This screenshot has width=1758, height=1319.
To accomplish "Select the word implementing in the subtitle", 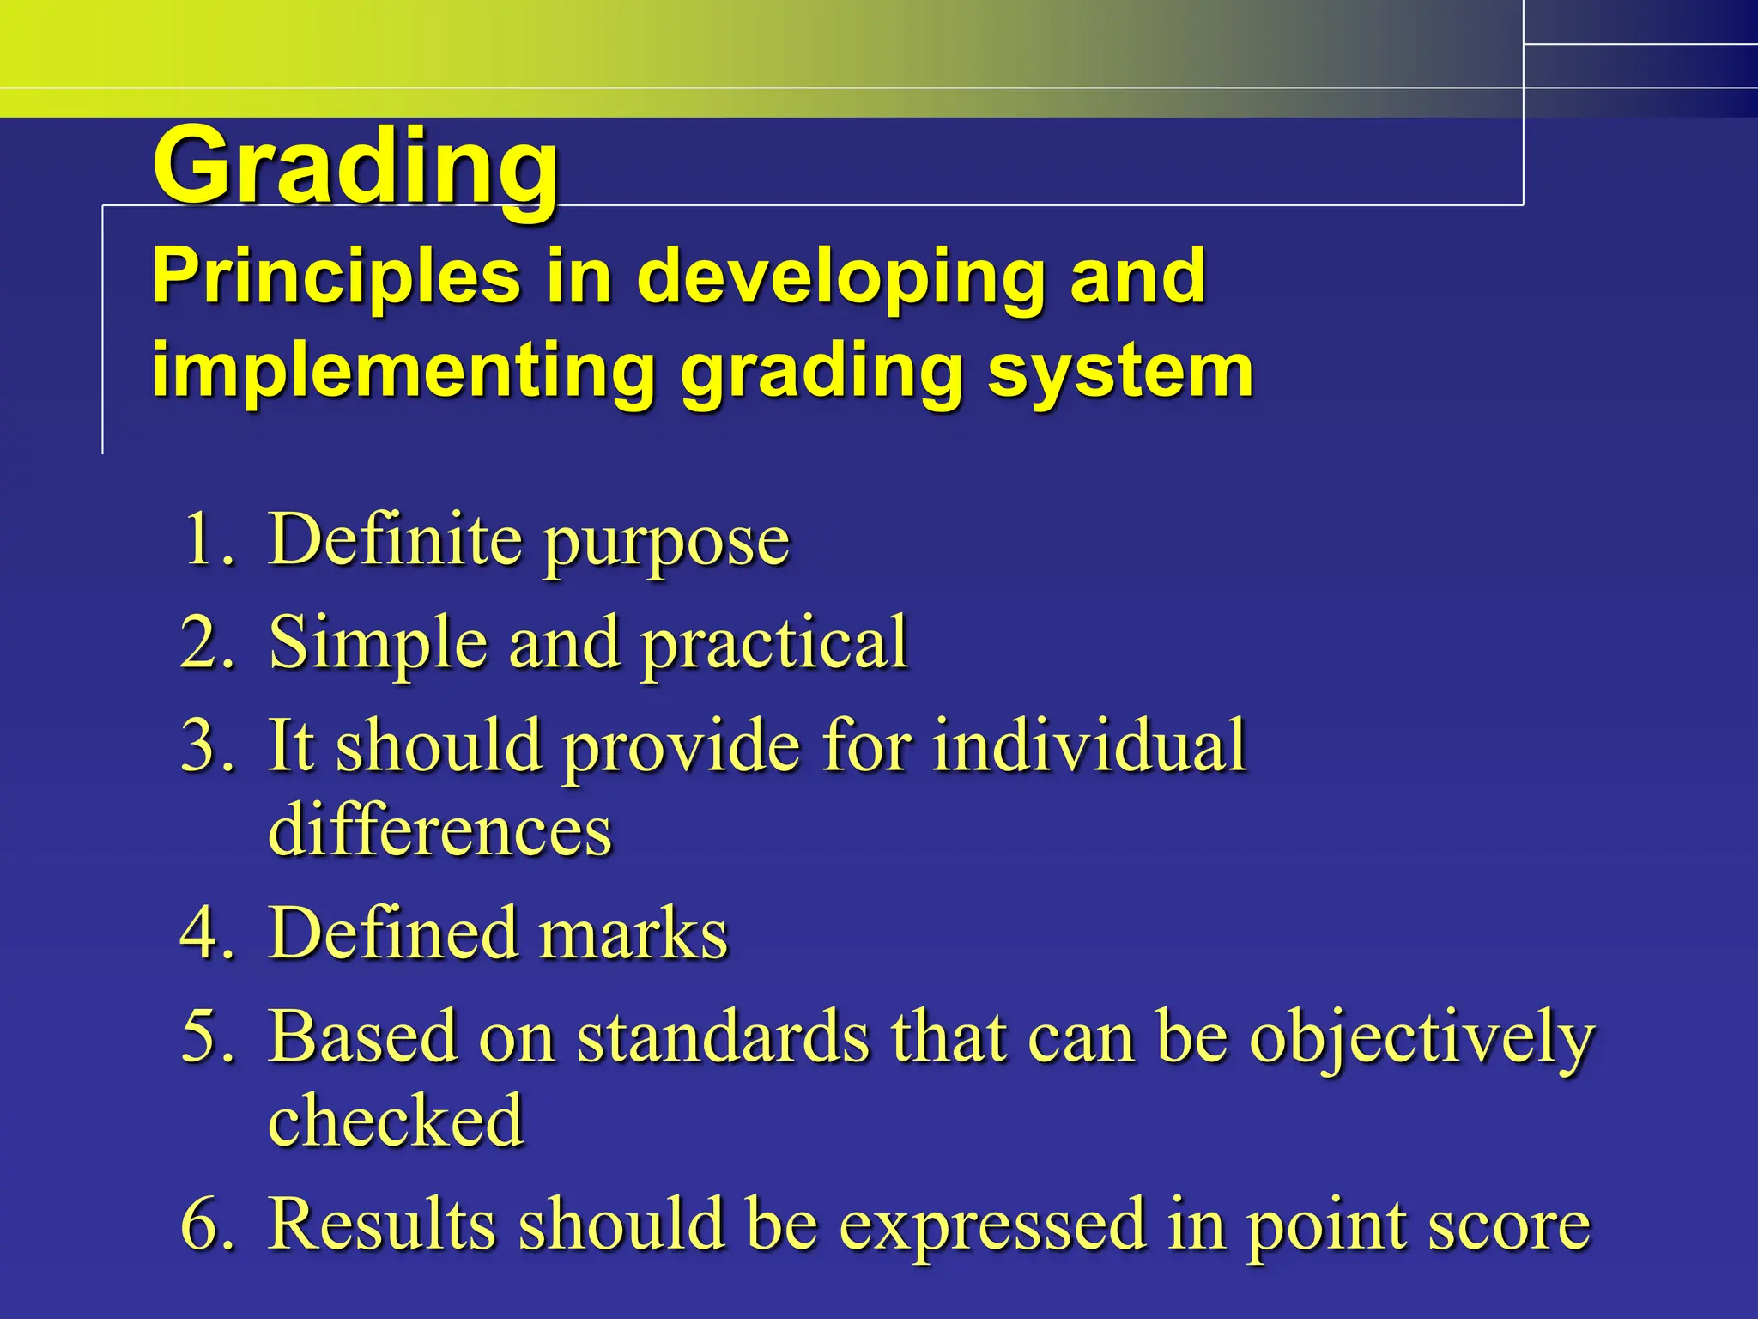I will click(x=403, y=371).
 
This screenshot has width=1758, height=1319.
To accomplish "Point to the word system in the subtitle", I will click(x=1120, y=371).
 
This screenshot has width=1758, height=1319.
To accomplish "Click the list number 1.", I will click(x=206, y=539).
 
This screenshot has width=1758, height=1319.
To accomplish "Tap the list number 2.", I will click(x=206, y=641).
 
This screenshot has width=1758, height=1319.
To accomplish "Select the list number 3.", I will click(x=206, y=745).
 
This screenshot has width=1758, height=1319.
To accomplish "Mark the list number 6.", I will click(x=206, y=1223).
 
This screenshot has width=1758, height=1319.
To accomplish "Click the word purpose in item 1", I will click(x=667, y=543).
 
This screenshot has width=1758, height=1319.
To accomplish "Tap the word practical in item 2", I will click(x=774, y=644).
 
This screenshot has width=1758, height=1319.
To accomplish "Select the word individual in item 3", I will click(x=1089, y=745).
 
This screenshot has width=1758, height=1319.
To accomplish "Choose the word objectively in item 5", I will click(x=1422, y=1037).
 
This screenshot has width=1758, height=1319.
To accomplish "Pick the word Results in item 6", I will click(x=381, y=1223).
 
